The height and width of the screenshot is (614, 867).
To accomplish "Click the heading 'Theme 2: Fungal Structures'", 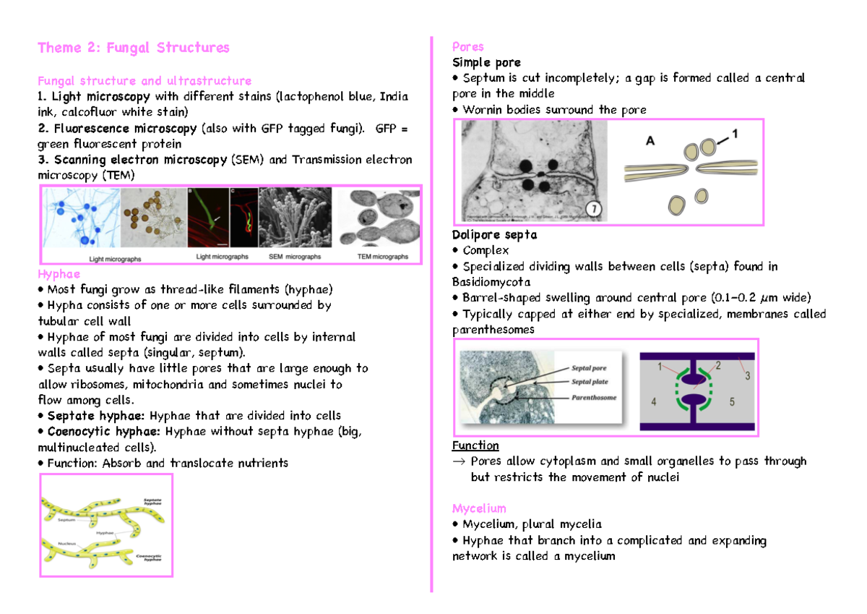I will point(134,48).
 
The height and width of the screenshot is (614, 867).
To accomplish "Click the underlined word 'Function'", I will point(475,445).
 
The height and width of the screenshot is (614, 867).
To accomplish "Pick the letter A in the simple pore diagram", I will point(650,142).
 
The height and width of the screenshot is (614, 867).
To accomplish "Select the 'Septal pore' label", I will point(589,369).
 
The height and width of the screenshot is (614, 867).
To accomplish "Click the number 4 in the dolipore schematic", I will point(654,401).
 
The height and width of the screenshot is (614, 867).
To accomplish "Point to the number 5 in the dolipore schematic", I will point(732,401).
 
